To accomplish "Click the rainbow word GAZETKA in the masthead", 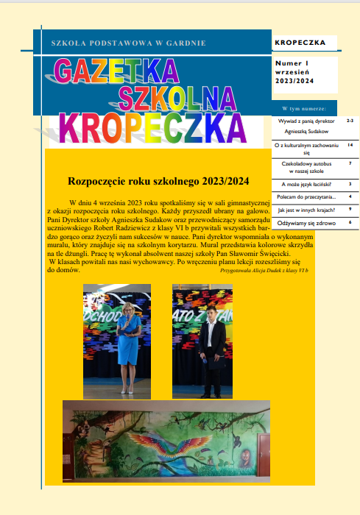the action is pyautogui.click(x=116, y=71).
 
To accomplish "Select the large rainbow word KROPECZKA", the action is pyautogui.click(x=152, y=127).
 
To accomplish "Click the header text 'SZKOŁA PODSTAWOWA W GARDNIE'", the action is pyautogui.click(x=123, y=44).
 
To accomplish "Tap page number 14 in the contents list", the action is pyautogui.click(x=350, y=146).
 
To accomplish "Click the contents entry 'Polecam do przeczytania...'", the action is pyautogui.click(x=306, y=197).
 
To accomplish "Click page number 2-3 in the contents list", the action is pyautogui.click(x=350, y=120).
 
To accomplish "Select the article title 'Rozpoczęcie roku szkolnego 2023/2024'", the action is pyautogui.click(x=158, y=181).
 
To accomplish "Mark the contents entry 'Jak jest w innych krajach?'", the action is pyautogui.click(x=305, y=210).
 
